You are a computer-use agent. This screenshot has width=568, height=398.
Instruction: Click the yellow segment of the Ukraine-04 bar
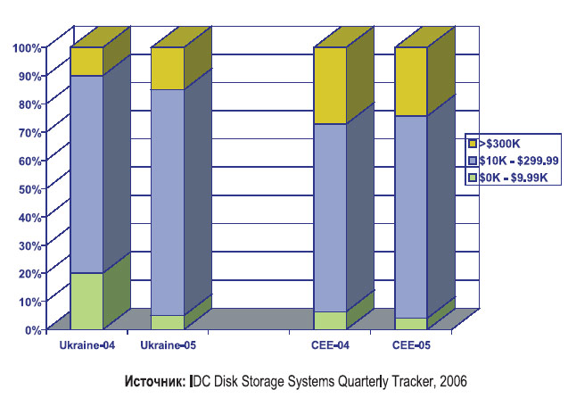tap(86, 62)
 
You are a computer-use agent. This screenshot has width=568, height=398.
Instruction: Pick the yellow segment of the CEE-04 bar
tap(329, 86)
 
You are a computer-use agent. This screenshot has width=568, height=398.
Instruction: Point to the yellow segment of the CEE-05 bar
tap(410, 82)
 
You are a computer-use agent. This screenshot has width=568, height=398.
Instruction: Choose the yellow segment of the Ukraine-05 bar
tap(167, 69)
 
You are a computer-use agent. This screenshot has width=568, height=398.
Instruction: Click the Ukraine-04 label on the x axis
tap(86, 344)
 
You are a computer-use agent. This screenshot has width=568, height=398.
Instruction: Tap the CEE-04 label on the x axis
tap(331, 344)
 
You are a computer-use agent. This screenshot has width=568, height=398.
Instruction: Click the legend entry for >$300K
tap(499, 143)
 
